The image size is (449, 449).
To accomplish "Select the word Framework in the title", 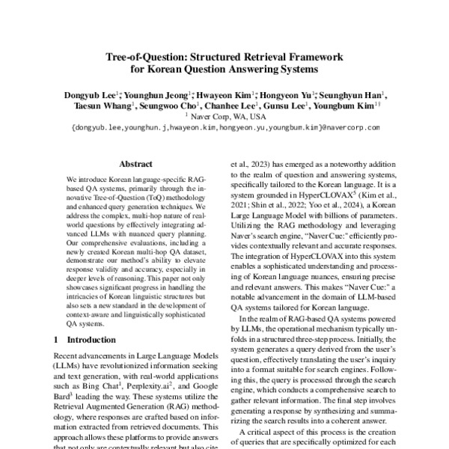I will pos(305,57).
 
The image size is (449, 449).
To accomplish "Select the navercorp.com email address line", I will pos(224,128).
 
